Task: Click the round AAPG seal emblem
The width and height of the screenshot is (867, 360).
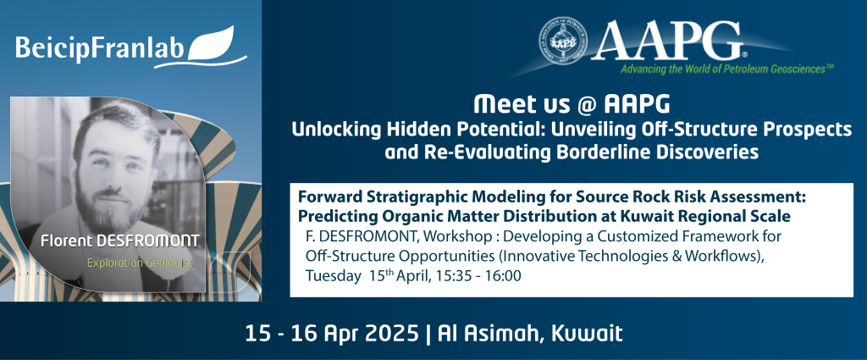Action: [x=563, y=40]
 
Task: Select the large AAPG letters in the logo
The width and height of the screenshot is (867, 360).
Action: [x=669, y=42]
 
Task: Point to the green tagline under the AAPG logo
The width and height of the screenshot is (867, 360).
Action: [x=726, y=69]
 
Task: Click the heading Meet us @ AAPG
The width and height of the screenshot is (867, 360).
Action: [x=572, y=103]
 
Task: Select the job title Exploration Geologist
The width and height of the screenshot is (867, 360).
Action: [x=140, y=263]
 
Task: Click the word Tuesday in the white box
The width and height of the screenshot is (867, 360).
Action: [x=332, y=276]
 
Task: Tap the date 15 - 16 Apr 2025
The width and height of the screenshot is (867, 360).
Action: [x=332, y=334]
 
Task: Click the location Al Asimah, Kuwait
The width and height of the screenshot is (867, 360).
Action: [x=530, y=334]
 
